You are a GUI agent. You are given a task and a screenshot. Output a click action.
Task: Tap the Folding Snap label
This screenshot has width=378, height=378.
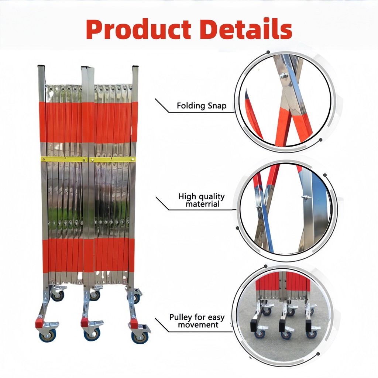point(201,106)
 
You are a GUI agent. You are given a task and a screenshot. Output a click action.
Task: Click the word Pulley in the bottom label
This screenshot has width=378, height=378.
point(180,317)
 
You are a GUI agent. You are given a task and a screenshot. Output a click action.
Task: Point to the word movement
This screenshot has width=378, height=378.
point(198,325)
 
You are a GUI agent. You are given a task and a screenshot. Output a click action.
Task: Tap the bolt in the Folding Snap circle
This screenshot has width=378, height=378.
point(283,76)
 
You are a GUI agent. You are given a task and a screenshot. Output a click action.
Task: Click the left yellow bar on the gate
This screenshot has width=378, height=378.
point(64,159)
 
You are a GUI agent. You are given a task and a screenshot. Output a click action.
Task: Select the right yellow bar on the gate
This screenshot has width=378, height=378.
point(113,159)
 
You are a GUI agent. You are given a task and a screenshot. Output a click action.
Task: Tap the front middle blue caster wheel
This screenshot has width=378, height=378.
point(91,334)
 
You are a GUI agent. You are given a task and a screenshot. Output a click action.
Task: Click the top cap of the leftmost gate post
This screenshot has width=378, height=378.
point(41,67)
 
